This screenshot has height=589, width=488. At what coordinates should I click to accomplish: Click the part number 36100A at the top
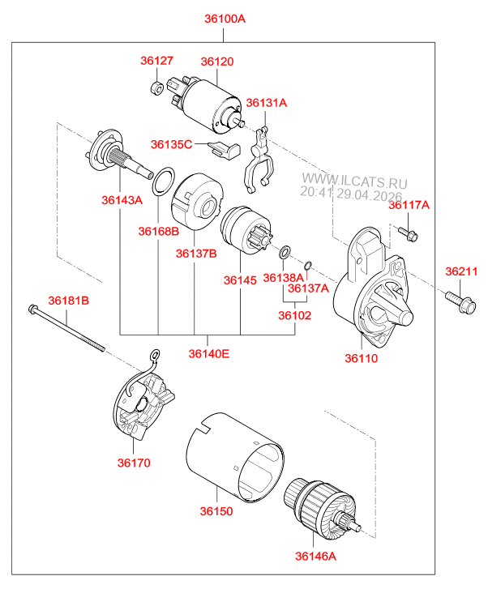pyautogui.click(x=225, y=19)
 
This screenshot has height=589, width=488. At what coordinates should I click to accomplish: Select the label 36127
pyautogui.click(x=156, y=61)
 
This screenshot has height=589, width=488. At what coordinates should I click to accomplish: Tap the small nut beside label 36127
pyautogui.click(x=156, y=87)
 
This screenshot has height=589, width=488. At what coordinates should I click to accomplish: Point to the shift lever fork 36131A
pyautogui.click(x=259, y=160)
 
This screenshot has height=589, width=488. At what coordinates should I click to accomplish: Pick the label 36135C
pyautogui.click(x=171, y=144)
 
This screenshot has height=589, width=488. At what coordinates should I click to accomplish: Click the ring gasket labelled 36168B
pyautogui.click(x=164, y=181)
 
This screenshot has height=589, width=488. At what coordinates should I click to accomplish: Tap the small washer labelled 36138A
pyautogui.click(x=285, y=252)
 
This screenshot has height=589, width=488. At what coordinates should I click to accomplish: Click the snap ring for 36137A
pyautogui.click(x=307, y=265)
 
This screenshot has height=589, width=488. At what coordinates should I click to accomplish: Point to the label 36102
pyautogui.click(x=295, y=315)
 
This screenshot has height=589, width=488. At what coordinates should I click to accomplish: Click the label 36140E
pyautogui.click(x=208, y=353)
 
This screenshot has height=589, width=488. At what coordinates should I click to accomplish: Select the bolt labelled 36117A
pyautogui.click(x=408, y=233)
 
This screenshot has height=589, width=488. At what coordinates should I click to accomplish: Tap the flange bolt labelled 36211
pyautogui.click(x=460, y=302)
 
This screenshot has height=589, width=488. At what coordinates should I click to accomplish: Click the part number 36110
pyautogui.click(x=362, y=358)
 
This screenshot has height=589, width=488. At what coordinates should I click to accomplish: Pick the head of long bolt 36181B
pyautogui.click(x=32, y=309)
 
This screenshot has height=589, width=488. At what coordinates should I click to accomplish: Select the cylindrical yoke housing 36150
pyautogui.click(x=235, y=457)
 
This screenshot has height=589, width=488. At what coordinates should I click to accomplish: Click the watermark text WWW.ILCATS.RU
pyautogui.click(x=354, y=181)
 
